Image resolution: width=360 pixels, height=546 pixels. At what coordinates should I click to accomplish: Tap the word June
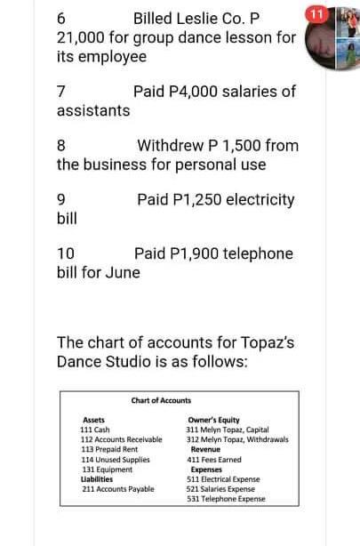[122, 272]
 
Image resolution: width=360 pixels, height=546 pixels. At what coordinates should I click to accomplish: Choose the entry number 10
[65, 254]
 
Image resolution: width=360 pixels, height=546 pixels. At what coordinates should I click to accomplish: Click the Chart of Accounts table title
[160, 401]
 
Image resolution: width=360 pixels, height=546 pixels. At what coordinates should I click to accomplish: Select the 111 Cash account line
[95, 430]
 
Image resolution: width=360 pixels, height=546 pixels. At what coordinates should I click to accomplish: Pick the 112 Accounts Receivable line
[121, 439]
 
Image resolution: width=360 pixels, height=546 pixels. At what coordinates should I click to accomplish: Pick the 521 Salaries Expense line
[222, 488]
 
